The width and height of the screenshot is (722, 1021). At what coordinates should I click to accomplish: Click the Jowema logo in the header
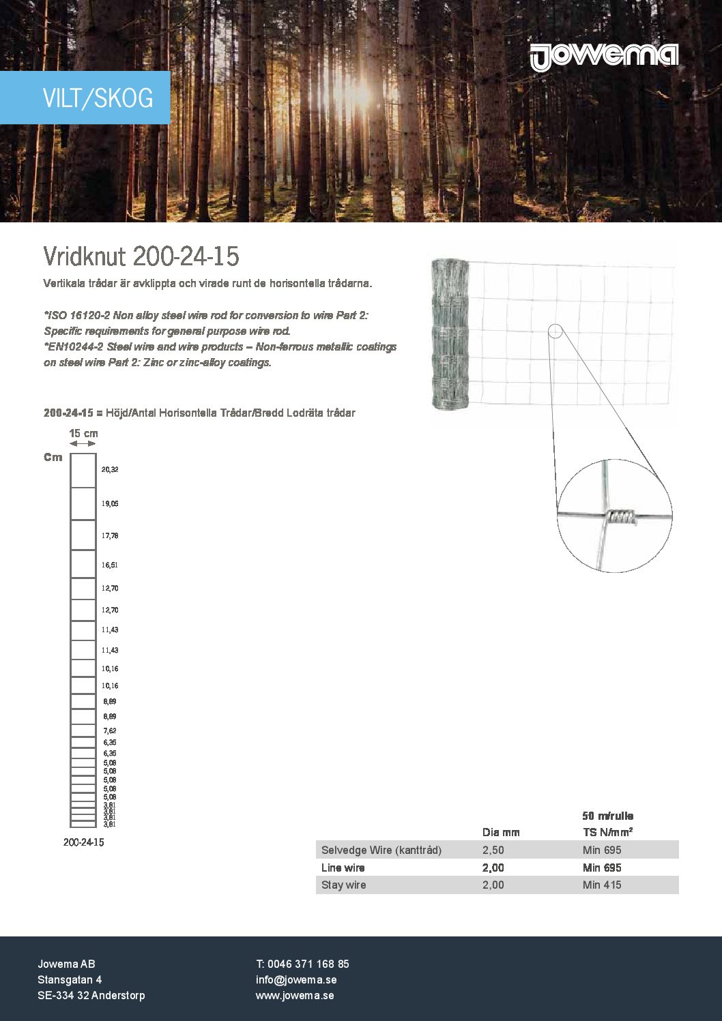pos(604,57)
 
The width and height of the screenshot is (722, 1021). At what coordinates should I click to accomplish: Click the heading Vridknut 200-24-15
pos(141,256)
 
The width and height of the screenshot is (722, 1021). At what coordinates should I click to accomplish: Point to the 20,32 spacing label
pos(110,470)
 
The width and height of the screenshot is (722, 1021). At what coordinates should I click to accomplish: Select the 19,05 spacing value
pos(110,503)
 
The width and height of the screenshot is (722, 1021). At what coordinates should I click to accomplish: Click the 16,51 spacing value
pos(110,565)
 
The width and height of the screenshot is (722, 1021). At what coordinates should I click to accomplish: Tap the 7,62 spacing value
pos(110,730)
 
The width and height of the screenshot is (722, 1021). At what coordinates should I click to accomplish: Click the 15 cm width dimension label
pos(83,433)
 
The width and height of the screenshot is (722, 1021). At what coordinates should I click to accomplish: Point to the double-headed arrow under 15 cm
pos(83,443)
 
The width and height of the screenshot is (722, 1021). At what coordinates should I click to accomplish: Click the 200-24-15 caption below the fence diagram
pos(83,842)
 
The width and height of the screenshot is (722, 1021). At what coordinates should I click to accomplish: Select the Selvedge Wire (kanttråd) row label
pos(381,850)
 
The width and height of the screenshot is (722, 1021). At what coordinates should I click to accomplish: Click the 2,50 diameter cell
pos(493,850)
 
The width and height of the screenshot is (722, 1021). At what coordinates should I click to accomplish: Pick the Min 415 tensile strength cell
pos(602,885)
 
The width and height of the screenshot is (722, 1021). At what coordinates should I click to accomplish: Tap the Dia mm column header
pos(501,832)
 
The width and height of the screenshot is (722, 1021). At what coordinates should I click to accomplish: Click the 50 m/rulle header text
pos(607,816)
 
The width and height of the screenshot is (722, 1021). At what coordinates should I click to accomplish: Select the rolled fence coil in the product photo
pos(450,334)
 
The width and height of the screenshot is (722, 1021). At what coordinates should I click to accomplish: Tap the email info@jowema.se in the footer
pos(296,979)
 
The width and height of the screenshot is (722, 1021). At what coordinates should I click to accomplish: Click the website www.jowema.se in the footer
pos(295,995)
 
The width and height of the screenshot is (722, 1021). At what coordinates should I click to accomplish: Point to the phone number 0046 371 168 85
pos(308,964)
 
